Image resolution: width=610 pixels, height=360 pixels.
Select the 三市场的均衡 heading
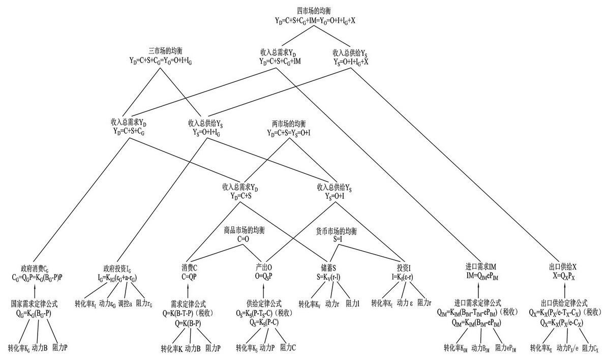click(x=165, y=51)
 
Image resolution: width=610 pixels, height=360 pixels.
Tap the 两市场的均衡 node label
click(x=289, y=124)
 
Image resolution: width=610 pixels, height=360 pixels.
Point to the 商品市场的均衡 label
click(x=245, y=230)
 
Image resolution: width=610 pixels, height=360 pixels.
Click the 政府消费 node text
click(x=39, y=268)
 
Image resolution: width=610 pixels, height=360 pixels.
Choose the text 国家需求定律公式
click(x=34, y=304)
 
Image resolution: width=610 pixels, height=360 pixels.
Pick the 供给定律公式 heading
click(x=264, y=304)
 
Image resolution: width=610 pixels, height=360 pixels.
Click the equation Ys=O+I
click(x=333, y=196)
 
